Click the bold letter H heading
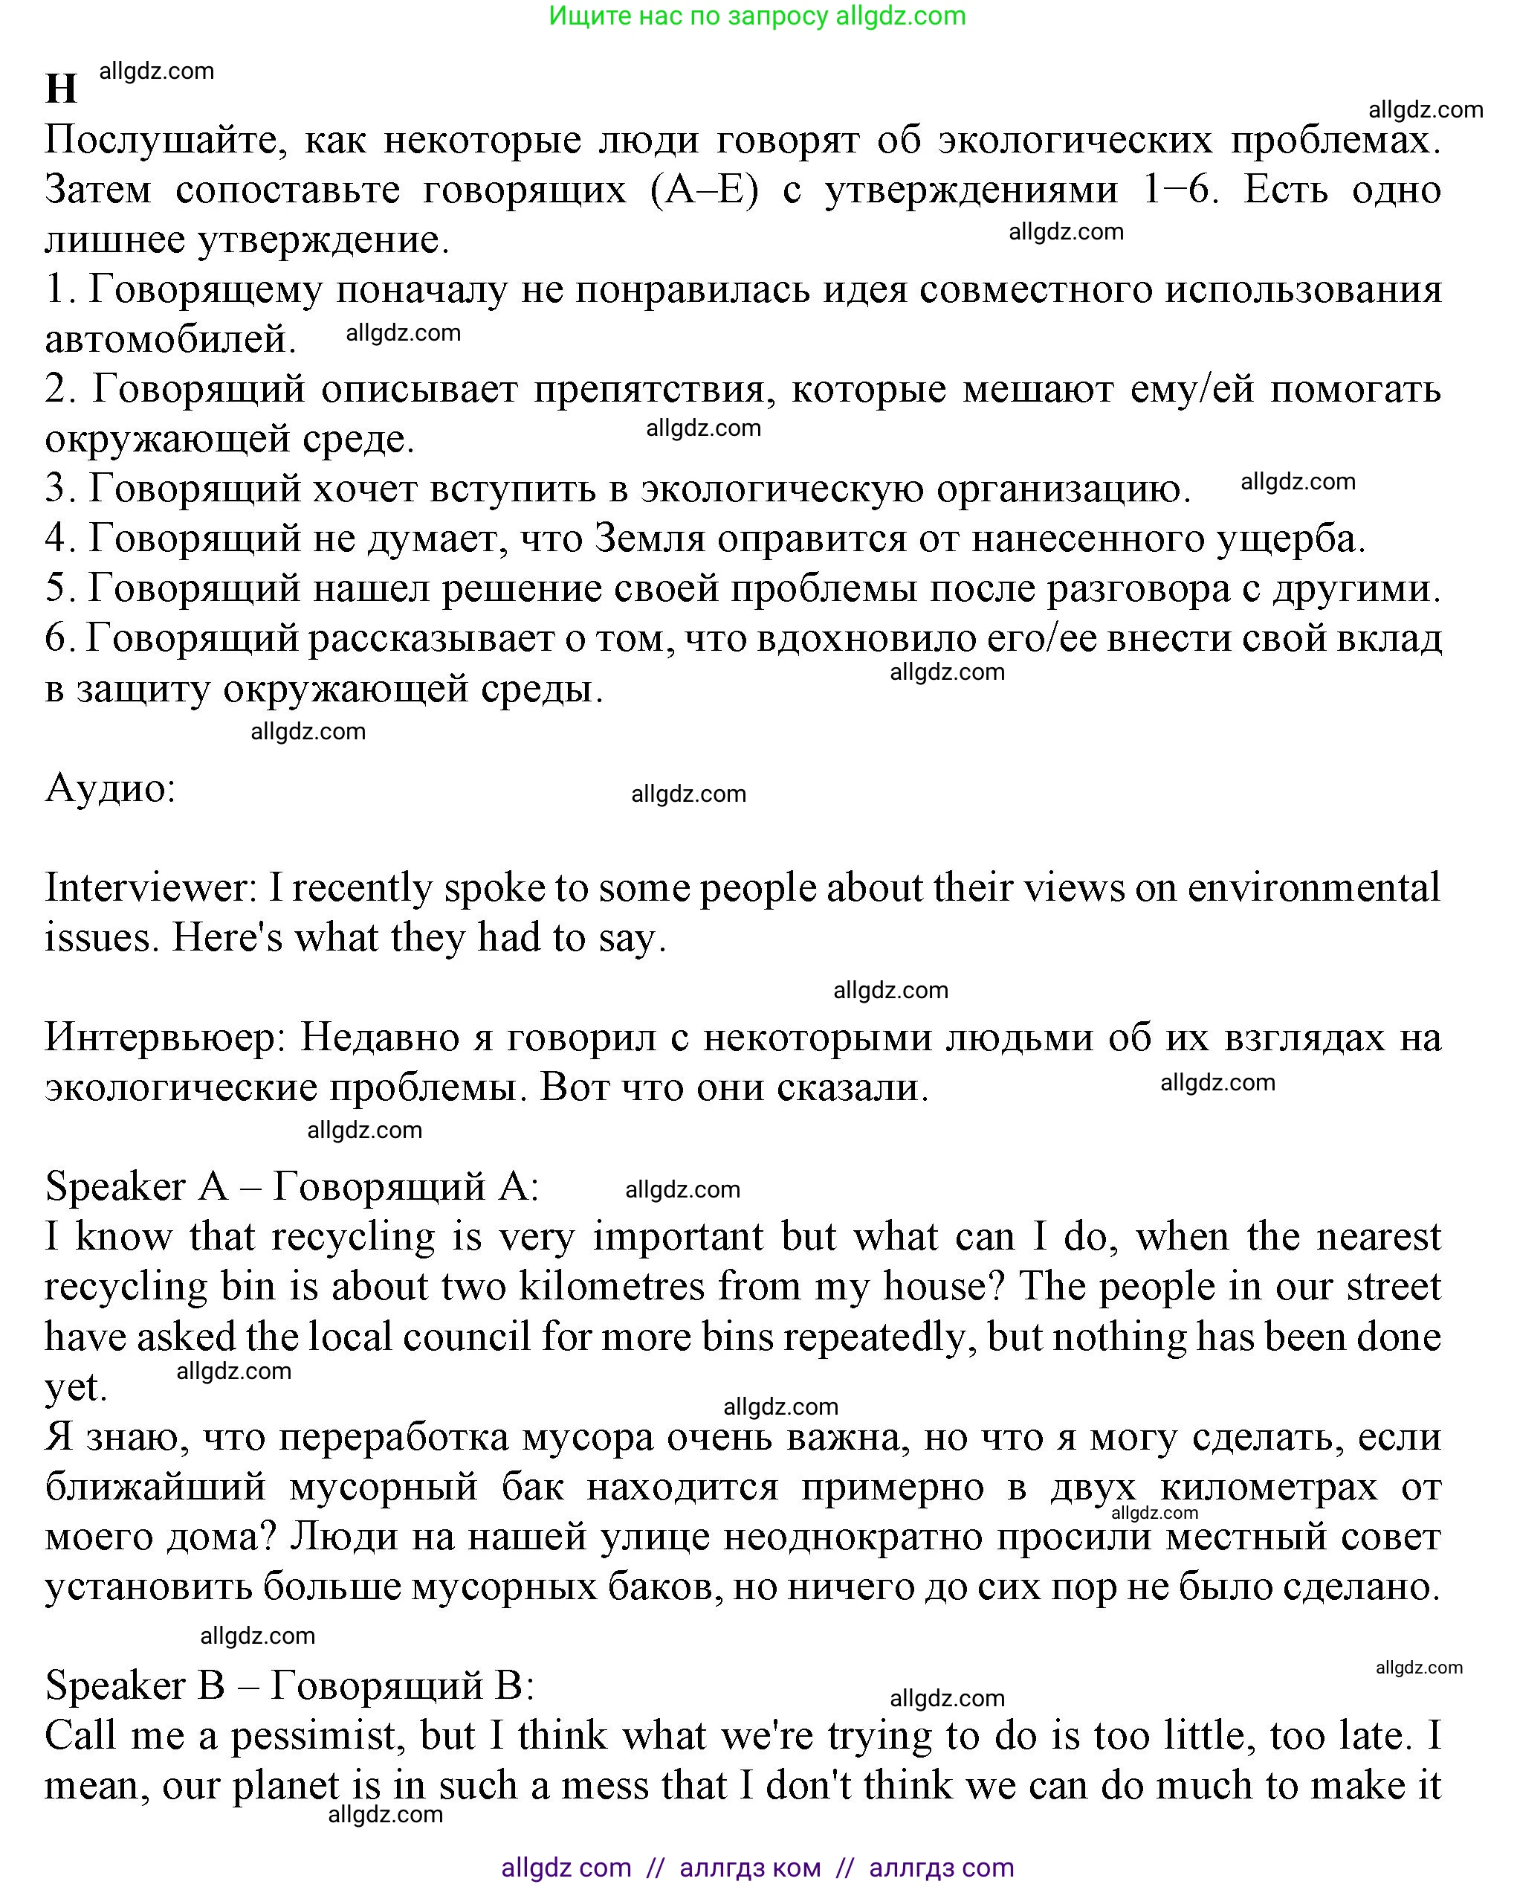click(x=61, y=89)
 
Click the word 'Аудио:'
click(x=110, y=788)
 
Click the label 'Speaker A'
click(x=135, y=1188)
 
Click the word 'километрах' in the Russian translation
click(x=1269, y=1487)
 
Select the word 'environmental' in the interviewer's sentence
click(x=1313, y=888)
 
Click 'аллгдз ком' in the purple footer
click(x=750, y=1868)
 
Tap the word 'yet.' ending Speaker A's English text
click(x=75, y=1387)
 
